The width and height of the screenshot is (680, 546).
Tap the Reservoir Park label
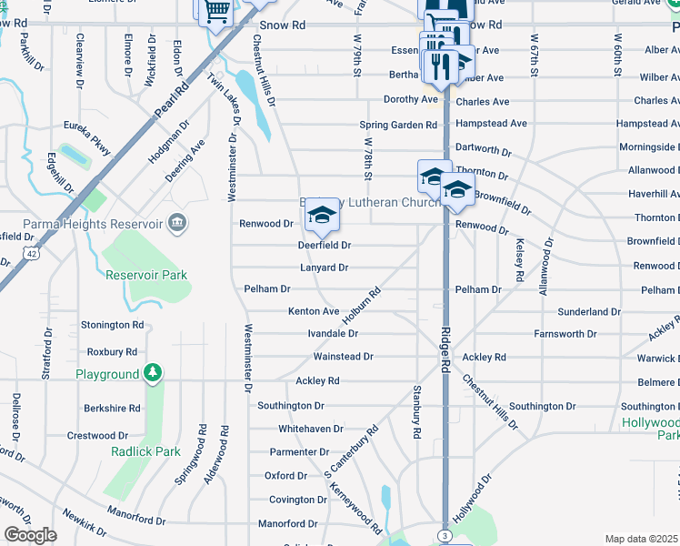click(x=145, y=275)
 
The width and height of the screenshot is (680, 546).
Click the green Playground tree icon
click(x=154, y=372)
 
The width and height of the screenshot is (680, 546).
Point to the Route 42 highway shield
click(x=31, y=257)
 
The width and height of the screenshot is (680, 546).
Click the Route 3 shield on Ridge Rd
click(x=444, y=537)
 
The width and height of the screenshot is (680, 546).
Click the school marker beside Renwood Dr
click(x=321, y=215)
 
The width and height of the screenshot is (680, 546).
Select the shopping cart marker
click(x=215, y=12)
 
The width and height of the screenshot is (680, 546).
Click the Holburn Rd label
click(x=360, y=305)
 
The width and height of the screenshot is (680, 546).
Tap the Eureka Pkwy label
click(x=86, y=128)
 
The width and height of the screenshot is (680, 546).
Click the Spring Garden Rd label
click(x=398, y=125)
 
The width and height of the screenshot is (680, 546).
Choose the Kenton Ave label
click(x=314, y=311)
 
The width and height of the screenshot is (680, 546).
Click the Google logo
click(x=30, y=535)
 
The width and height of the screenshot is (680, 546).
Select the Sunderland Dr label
click(x=589, y=311)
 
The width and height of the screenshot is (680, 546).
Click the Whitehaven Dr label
click(x=311, y=429)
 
